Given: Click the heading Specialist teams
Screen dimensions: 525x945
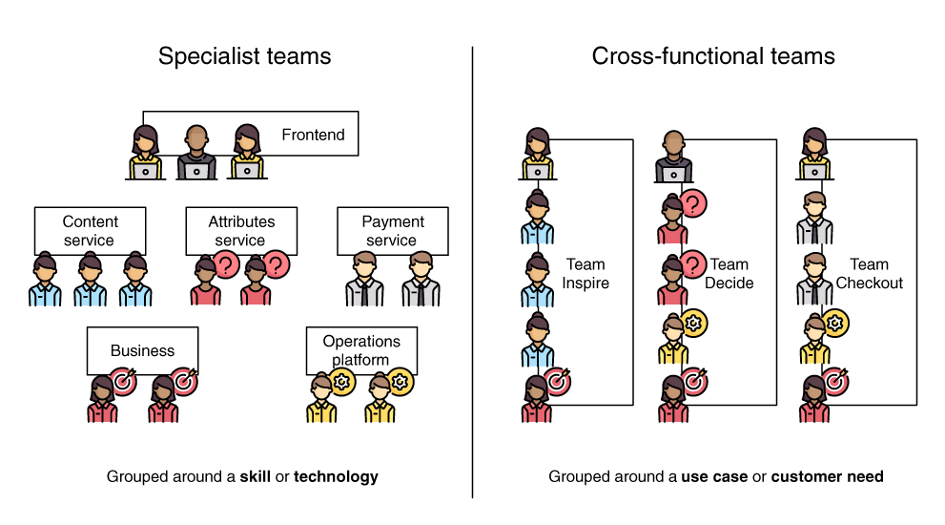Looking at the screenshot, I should [x=245, y=56].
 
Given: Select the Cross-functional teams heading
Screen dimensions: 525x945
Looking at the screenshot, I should [x=713, y=56].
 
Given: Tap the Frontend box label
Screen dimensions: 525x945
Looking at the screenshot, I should [x=313, y=135].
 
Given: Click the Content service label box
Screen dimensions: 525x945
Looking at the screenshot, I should [x=90, y=231].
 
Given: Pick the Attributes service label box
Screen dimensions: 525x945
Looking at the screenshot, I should [x=241, y=231].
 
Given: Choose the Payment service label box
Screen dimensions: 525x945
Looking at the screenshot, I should [x=392, y=231].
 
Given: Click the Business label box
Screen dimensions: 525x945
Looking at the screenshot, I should [x=143, y=350].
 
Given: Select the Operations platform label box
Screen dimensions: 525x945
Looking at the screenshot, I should [x=360, y=349].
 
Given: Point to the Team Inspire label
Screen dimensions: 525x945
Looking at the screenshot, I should [x=585, y=273].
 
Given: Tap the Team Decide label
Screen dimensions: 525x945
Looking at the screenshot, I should [x=729, y=273].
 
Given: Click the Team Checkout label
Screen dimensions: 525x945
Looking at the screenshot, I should [x=869, y=273].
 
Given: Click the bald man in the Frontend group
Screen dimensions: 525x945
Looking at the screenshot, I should [x=197, y=153].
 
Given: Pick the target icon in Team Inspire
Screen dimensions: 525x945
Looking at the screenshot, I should [x=557, y=382].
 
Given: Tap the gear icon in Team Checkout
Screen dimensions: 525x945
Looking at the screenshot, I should [x=835, y=324].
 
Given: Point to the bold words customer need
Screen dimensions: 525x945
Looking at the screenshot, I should [x=827, y=476].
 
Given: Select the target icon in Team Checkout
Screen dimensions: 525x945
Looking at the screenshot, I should [x=835, y=382].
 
